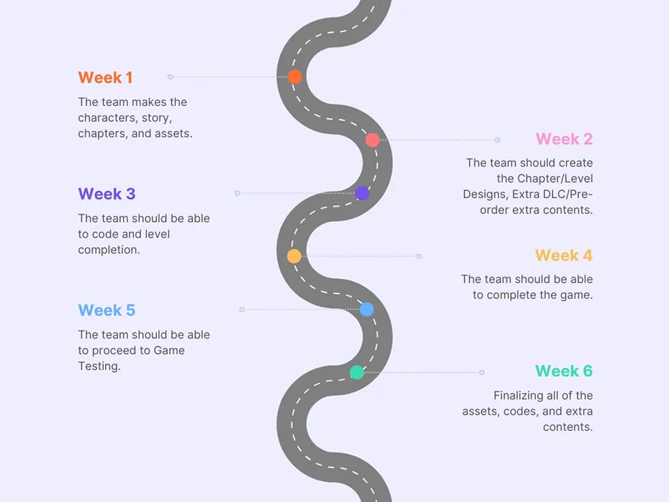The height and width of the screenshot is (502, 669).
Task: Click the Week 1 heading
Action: pyautogui.click(x=105, y=77)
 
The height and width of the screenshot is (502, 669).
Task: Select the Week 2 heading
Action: pyautogui.click(x=564, y=139)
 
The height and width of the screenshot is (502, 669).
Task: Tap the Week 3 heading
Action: pyautogui.click(x=107, y=194)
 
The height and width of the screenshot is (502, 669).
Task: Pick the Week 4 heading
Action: pyautogui.click(x=563, y=255)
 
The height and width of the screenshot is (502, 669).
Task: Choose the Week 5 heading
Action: pyautogui.click(x=107, y=310)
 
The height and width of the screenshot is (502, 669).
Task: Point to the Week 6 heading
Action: pyautogui.click(x=563, y=371)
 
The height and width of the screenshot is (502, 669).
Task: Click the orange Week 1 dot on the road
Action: pyautogui.click(x=295, y=77)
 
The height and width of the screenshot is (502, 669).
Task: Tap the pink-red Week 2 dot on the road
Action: pyautogui.click(x=372, y=139)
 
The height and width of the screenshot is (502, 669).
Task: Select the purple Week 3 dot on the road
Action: pyautogui.click(x=362, y=193)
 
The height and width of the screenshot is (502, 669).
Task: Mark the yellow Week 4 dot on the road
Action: pyautogui.click(x=294, y=256)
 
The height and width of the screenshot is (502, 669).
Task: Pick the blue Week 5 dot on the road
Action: pyautogui.click(x=367, y=310)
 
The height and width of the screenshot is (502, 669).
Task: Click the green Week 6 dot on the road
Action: pyautogui.click(x=357, y=372)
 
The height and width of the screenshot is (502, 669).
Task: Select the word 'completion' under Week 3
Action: pyautogui.click(x=109, y=250)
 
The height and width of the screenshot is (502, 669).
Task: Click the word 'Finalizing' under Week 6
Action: pyautogui.click(x=520, y=395)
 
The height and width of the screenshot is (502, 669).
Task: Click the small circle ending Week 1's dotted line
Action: pyautogui.click(x=170, y=77)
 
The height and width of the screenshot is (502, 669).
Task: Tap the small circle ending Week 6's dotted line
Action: pyautogui.click(x=482, y=372)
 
